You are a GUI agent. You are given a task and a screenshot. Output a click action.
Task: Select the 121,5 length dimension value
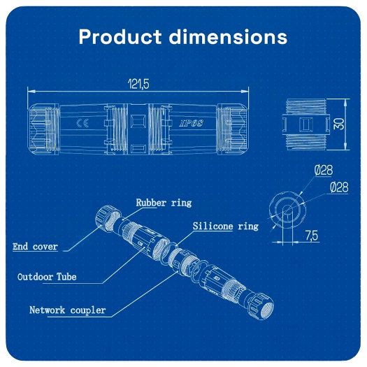139,84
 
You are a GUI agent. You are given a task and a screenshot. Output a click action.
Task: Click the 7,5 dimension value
311,236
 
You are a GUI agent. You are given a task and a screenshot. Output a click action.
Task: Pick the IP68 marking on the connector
191,124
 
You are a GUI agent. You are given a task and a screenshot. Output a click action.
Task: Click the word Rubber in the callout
150,203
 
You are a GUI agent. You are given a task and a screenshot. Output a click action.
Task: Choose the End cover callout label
35,247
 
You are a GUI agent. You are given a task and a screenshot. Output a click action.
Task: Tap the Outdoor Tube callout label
47,277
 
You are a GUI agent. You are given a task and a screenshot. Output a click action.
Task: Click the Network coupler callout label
67,310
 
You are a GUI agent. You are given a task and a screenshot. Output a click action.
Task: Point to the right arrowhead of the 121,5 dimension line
247,92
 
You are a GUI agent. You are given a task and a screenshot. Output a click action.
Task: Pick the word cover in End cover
45,247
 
